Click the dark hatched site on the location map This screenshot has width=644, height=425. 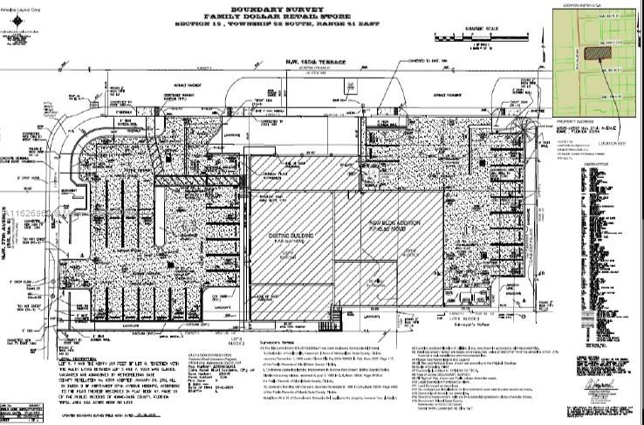coord(596,51)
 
